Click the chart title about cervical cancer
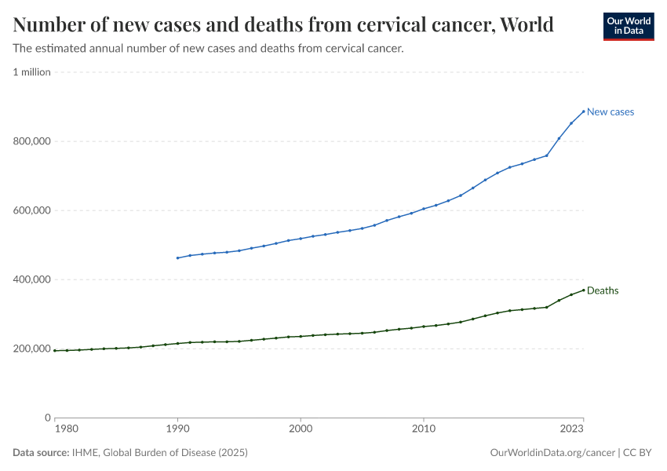[x=283, y=25]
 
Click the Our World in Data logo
[x=628, y=26]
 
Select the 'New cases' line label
[x=611, y=111]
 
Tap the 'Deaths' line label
[x=603, y=290]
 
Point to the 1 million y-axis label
[x=31, y=72]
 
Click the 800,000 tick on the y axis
[x=31, y=141]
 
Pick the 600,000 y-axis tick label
[x=31, y=210]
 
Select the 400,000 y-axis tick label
[x=31, y=279]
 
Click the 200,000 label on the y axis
[x=31, y=349]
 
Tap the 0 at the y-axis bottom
[x=47, y=418]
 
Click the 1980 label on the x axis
[x=66, y=429]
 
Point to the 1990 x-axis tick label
[x=177, y=429]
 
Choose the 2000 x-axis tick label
[x=301, y=429]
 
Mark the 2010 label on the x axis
[x=424, y=429]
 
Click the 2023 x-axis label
[x=572, y=429]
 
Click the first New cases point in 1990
[x=177, y=257]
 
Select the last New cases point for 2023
[x=584, y=111]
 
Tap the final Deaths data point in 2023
[x=584, y=290]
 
